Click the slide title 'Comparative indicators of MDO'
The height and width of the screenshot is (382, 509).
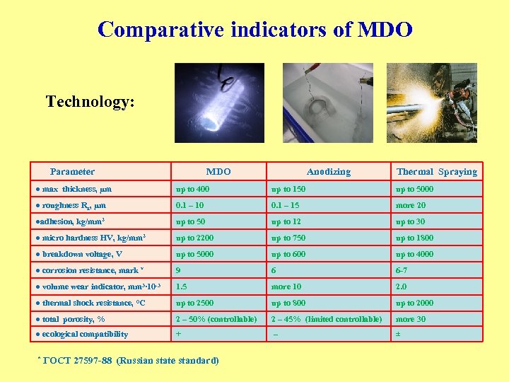click(x=255, y=30)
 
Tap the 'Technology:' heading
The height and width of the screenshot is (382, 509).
click(x=90, y=102)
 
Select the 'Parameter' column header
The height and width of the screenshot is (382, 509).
click(x=72, y=171)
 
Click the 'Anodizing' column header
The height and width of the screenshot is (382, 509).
click(x=328, y=171)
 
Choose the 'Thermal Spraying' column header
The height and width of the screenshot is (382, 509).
click(x=436, y=171)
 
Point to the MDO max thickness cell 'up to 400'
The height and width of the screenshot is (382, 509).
click(x=192, y=189)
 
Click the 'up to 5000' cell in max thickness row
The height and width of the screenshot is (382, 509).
click(x=415, y=189)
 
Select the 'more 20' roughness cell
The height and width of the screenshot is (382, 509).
click(x=411, y=205)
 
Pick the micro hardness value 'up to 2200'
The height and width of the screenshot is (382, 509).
click(x=194, y=238)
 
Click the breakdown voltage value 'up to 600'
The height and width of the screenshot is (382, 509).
click(x=288, y=254)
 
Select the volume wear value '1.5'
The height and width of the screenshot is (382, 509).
click(x=181, y=286)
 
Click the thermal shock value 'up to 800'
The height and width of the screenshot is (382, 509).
click(x=288, y=303)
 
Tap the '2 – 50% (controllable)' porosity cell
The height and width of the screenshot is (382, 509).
click(x=216, y=319)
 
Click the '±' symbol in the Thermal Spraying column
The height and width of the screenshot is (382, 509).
click(x=398, y=334)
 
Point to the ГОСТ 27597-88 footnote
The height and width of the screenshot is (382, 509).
click(x=128, y=361)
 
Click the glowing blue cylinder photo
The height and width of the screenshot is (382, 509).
click(x=219, y=103)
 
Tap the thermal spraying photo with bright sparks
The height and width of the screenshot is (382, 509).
click(x=431, y=103)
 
